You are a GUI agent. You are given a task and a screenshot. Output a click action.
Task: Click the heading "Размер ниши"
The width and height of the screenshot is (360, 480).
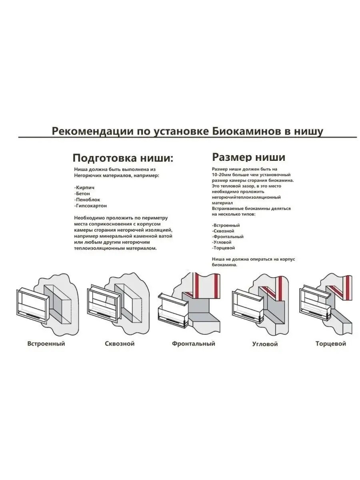pos(248,156)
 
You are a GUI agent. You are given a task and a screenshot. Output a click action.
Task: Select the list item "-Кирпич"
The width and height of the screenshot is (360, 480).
pos(84,187)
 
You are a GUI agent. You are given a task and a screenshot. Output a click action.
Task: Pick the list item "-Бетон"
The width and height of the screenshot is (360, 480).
pos(82,193)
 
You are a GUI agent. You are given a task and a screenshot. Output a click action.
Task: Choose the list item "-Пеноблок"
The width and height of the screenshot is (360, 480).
pos(87,199)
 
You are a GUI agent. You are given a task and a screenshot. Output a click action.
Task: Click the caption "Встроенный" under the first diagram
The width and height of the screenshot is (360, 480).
pos(46,344)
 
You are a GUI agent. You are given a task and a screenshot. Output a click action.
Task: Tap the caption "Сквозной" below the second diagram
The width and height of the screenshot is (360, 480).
pos(120,344)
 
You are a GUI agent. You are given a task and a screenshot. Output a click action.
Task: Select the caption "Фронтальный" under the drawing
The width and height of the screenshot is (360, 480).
pos(194,344)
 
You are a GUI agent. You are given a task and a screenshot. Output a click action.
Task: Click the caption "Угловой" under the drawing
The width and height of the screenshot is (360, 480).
pos(265,344)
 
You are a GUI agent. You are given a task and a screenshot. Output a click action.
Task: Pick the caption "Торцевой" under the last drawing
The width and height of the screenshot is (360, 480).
pos(330,344)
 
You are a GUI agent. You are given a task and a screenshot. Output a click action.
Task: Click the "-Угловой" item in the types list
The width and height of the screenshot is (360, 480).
pos(222,242)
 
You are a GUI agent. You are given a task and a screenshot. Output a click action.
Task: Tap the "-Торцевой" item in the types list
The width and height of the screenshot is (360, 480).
pos(223,248)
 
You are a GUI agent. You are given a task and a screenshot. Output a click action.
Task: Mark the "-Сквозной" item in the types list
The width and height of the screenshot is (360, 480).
pos(223,231)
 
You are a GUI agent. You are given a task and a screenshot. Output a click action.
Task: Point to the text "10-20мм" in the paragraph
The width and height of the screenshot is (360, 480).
pos(222,175)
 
